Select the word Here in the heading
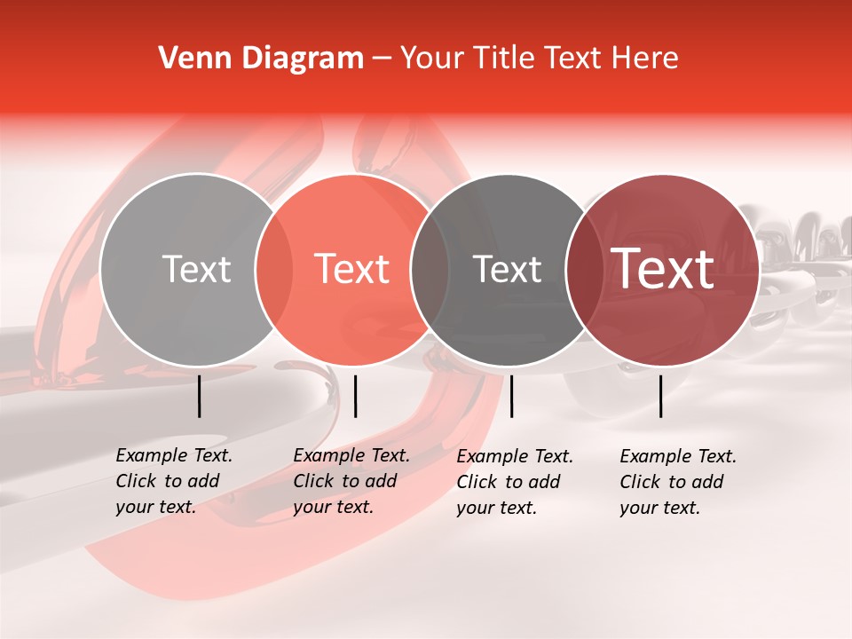coord(646,59)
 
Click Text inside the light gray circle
coord(196,269)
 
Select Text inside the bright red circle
coord(351,269)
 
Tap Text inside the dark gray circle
coord(507,269)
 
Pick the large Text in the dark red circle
coord(663,269)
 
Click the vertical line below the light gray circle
coord(200,396)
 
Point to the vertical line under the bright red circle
coord(355,396)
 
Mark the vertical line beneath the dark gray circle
coord(511,396)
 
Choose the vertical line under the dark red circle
coord(661,396)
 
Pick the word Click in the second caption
coord(314,481)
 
